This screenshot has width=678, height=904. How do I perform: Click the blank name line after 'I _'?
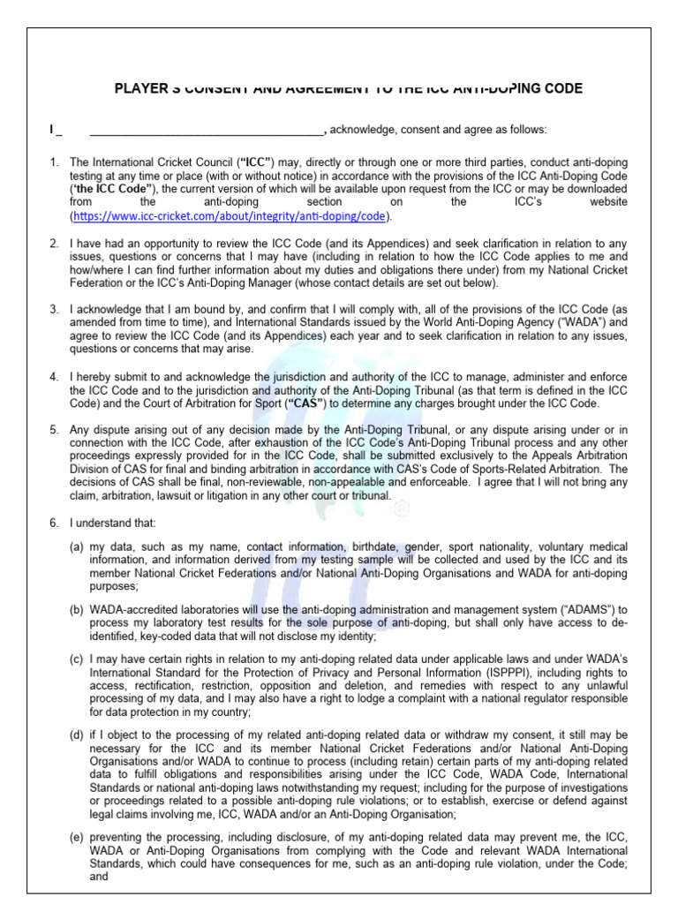coord(208,131)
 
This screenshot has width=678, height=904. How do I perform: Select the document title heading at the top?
coord(350,88)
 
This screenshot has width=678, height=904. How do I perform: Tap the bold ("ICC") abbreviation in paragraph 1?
coord(256,162)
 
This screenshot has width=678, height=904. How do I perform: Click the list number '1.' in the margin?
coord(54,162)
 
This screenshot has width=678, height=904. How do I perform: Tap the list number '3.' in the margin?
coord(54,309)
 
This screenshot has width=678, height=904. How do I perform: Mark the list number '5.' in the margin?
coord(54,430)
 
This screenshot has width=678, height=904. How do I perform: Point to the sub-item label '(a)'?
coord(78,547)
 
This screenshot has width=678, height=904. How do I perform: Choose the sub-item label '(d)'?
coord(78,735)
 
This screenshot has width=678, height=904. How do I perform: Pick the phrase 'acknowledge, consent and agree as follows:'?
coord(438,131)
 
